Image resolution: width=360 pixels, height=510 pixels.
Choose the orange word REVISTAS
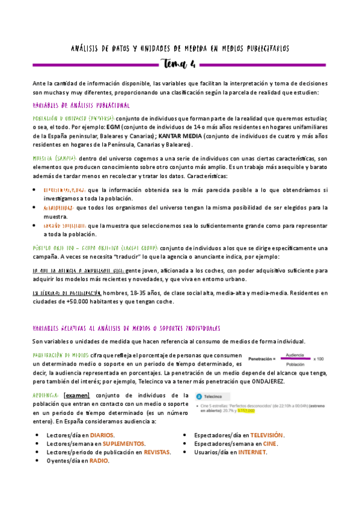click(x=153, y=452)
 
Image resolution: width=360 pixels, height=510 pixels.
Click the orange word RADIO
click(x=99, y=461)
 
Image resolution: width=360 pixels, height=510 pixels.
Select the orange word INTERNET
click(x=252, y=452)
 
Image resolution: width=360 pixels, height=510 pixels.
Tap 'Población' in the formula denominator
click(x=294, y=364)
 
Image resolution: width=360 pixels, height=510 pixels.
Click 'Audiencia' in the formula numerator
click(x=294, y=355)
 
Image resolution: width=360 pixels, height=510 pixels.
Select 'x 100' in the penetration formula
click(x=320, y=360)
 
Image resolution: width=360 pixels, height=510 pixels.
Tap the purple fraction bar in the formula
click(x=294, y=360)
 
